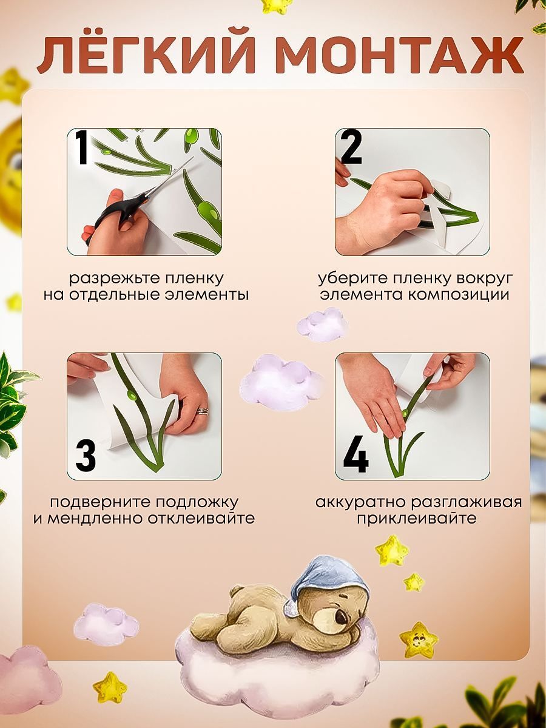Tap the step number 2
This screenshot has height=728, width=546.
351,147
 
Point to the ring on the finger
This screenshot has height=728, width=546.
203,411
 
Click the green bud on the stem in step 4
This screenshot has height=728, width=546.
405,413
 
